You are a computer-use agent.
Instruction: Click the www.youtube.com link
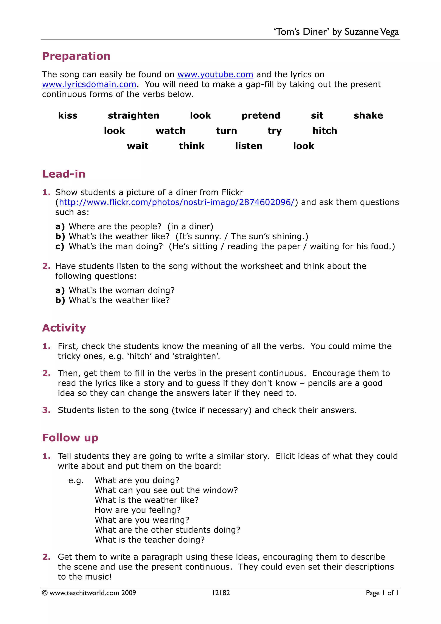[x=215, y=75]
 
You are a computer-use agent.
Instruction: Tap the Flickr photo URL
[x=177, y=202]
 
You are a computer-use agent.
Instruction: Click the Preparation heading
[x=76, y=56]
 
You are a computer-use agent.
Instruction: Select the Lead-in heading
[x=64, y=174]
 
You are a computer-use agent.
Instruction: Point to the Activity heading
[x=64, y=328]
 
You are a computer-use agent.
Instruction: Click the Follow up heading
[x=70, y=438]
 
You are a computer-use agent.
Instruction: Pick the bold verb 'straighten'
[x=134, y=115]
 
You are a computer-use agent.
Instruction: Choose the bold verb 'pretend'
[x=261, y=115]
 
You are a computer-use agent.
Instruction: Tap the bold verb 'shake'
[x=368, y=115]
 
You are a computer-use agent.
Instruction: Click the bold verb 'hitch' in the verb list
[x=325, y=131]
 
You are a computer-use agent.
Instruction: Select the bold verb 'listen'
[x=249, y=146]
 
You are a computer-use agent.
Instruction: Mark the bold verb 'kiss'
[x=68, y=115]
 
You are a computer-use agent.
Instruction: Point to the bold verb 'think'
[x=192, y=146]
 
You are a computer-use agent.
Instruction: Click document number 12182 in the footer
[x=221, y=593]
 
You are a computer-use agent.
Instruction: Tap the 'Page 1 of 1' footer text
[x=382, y=593]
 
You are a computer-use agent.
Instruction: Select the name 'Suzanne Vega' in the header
[x=371, y=32]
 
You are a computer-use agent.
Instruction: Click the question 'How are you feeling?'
[x=138, y=510]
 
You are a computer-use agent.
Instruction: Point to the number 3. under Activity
[x=46, y=410]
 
